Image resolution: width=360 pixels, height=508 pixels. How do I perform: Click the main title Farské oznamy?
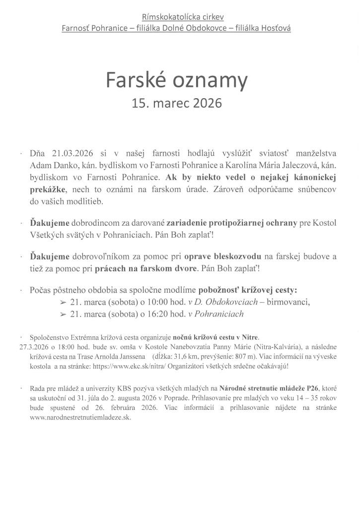[x=176, y=80]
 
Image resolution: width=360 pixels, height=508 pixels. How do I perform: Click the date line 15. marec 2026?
[x=176, y=103]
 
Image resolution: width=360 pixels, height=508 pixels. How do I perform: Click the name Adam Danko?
[x=49, y=165]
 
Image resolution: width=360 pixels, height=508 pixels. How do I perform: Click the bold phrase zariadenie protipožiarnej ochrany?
[x=231, y=223]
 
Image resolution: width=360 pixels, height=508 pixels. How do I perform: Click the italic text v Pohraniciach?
[x=216, y=314]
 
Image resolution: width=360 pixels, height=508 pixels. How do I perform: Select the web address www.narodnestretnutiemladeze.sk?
[x=80, y=417]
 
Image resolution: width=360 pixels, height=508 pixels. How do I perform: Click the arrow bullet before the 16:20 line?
[x=63, y=314]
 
